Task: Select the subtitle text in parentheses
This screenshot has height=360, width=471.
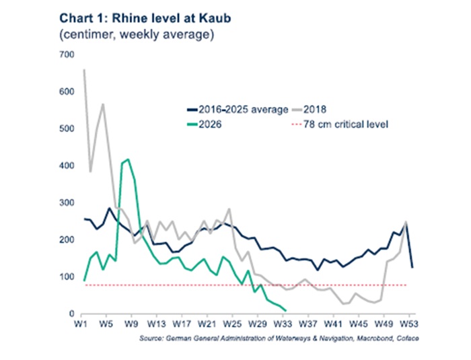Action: (137, 34)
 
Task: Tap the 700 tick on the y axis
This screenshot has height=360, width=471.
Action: (67, 55)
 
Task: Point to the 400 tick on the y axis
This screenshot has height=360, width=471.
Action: (67, 166)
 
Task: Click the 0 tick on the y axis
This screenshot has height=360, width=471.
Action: (71, 314)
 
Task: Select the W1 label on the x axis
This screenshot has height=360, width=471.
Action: (81, 324)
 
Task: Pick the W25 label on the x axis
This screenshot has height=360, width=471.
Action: (233, 324)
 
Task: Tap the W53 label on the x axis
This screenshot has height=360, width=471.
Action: (409, 324)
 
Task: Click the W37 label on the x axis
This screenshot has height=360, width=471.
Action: (308, 324)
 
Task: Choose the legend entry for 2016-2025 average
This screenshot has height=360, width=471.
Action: (238, 110)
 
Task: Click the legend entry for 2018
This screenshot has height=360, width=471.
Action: (309, 110)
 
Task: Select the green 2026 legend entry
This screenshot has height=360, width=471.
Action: (205, 124)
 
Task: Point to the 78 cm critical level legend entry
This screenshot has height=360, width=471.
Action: (340, 124)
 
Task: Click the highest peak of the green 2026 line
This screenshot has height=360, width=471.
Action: (129, 159)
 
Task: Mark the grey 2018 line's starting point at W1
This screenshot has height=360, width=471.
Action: (84, 70)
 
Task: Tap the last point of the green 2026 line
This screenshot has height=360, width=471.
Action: (285, 310)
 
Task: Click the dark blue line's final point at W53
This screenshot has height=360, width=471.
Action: (412, 267)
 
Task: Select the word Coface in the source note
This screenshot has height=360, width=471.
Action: (408, 338)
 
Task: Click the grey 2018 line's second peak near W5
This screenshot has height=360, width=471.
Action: (103, 104)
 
